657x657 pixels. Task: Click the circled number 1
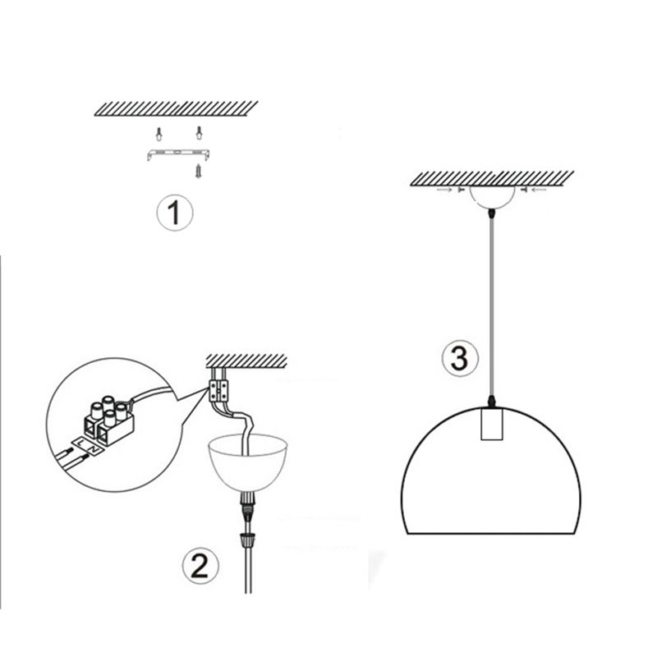point(174,214)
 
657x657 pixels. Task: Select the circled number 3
point(458,358)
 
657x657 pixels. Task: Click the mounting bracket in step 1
point(176,154)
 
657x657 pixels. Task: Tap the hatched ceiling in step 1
point(177,107)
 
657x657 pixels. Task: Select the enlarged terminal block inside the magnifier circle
point(107,416)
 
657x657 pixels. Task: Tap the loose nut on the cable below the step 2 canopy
point(244,540)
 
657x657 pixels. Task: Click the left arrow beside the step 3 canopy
point(448,190)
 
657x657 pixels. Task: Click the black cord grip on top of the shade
point(492,401)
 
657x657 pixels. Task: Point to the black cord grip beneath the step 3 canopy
point(492,212)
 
